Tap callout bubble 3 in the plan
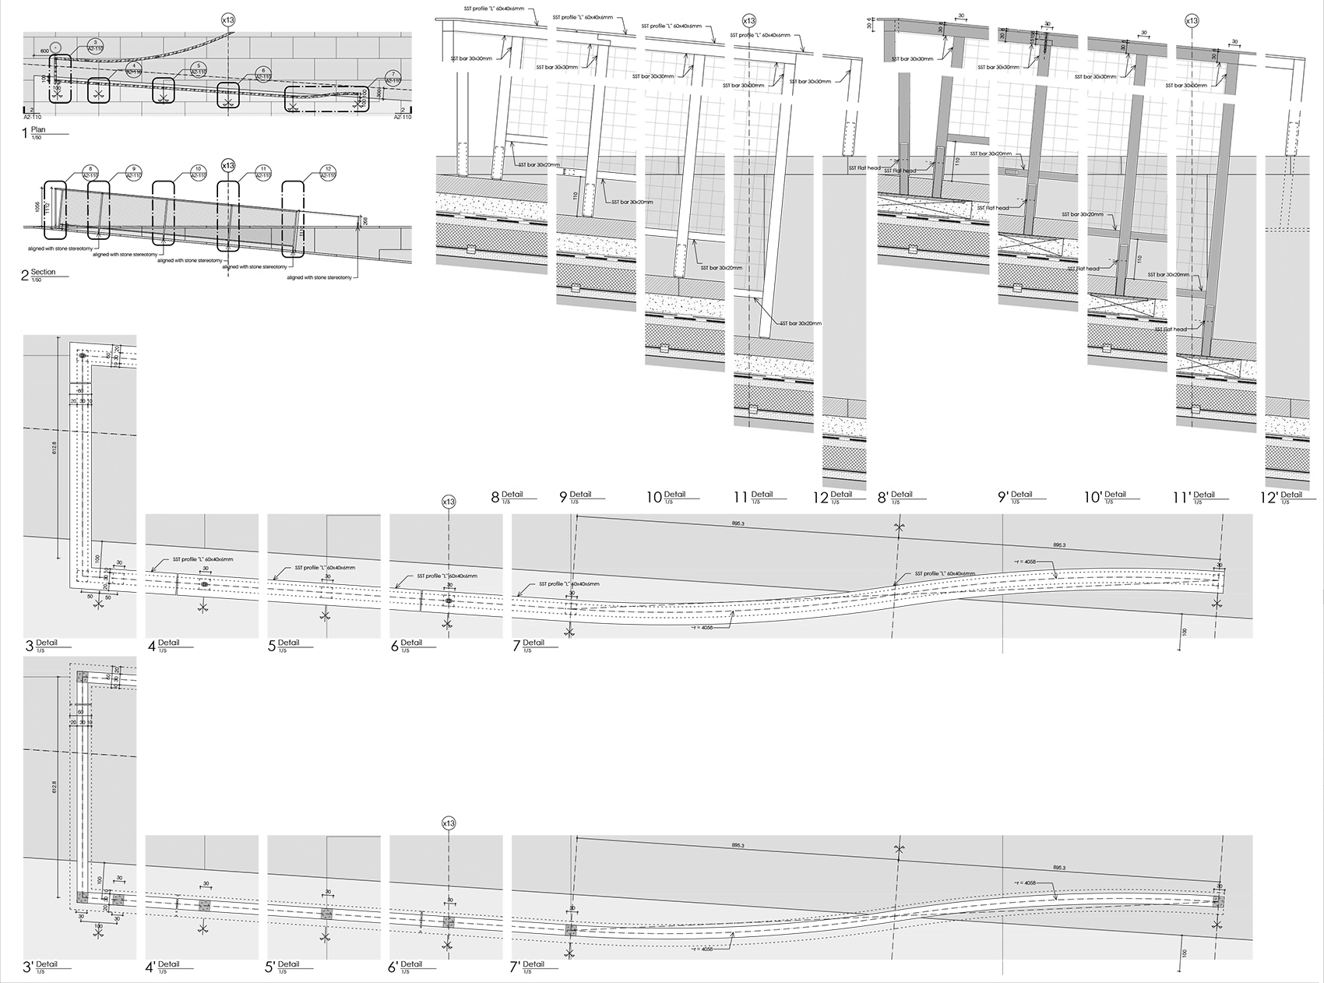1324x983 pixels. pyautogui.click(x=94, y=44)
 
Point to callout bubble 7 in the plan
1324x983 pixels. pyautogui.click(x=393, y=79)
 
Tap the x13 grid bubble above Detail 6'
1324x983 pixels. pyautogui.click(x=448, y=823)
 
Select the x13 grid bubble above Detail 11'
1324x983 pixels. pyautogui.click(x=1191, y=21)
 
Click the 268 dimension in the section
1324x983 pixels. pyautogui.click(x=364, y=222)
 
